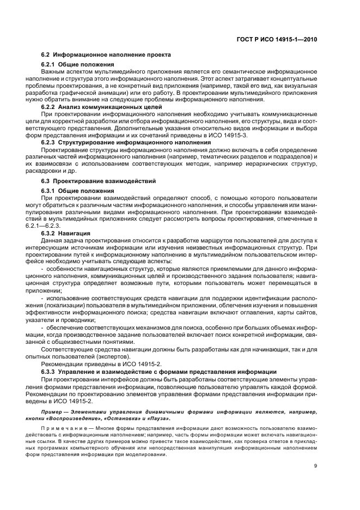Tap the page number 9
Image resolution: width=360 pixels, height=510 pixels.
coord(316,466)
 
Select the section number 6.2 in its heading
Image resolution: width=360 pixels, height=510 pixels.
coord(46,55)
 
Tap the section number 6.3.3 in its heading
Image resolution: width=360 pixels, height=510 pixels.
coord(50,372)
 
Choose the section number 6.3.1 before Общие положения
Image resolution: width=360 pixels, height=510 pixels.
coord(50,191)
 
